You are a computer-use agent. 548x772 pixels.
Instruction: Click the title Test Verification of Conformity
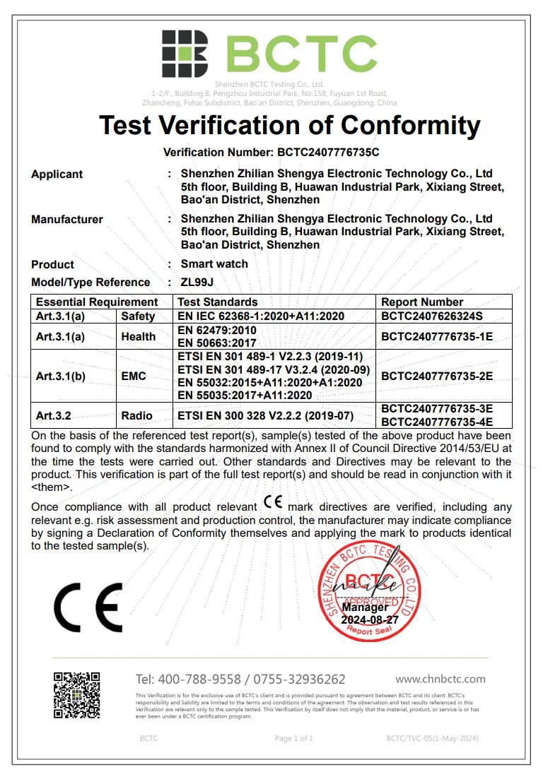pyautogui.click(x=289, y=126)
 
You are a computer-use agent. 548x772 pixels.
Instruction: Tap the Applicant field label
pyautogui.click(x=57, y=174)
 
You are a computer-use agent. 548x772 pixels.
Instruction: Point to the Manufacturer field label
pyautogui.click(x=67, y=220)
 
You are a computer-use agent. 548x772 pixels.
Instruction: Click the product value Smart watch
pyautogui.click(x=214, y=264)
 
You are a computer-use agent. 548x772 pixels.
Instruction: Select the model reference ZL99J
pyautogui.click(x=198, y=283)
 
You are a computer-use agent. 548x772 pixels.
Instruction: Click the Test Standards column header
pyautogui.click(x=218, y=302)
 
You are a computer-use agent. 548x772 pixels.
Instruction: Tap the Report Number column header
pyautogui.click(x=422, y=302)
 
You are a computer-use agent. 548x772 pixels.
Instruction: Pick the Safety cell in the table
pyautogui.click(x=138, y=316)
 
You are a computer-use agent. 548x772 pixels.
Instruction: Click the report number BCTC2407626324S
pyautogui.click(x=437, y=316)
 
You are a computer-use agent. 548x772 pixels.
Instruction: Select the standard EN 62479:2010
pyautogui.click(x=218, y=330)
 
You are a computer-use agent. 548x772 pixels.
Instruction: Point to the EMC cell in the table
pyautogui.click(x=133, y=376)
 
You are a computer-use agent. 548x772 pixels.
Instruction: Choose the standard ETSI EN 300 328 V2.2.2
pyautogui.click(x=266, y=416)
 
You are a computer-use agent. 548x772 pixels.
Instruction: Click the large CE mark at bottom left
pyautogui.click(x=88, y=607)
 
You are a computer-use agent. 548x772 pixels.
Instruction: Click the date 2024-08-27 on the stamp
pyautogui.click(x=370, y=619)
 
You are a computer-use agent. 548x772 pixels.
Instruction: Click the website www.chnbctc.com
pyautogui.click(x=440, y=679)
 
